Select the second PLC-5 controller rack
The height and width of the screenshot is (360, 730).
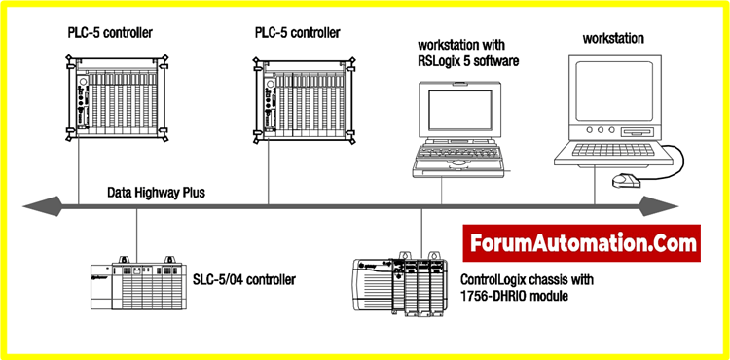(x=305, y=100)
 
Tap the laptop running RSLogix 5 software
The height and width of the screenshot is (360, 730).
(x=458, y=128)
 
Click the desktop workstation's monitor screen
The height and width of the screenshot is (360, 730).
(x=614, y=90)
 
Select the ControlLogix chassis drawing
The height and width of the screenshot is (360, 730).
(x=400, y=285)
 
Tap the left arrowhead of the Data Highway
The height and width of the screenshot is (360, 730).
(x=43, y=206)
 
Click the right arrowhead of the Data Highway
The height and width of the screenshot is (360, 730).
(x=658, y=206)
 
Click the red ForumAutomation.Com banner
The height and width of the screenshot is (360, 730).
(x=581, y=243)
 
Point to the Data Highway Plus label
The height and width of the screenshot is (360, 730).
(x=156, y=192)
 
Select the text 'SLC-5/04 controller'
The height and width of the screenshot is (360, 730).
(x=244, y=280)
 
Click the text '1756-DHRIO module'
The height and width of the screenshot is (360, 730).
(x=514, y=296)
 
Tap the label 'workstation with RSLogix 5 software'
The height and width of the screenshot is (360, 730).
(x=468, y=53)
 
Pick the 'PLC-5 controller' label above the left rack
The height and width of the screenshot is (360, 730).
(x=110, y=32)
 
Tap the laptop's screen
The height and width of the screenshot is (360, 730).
(x=460, y=111)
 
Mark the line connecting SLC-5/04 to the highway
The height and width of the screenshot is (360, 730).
(x=136, y=233)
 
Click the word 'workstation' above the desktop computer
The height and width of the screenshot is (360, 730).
(x=613, y=38)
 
